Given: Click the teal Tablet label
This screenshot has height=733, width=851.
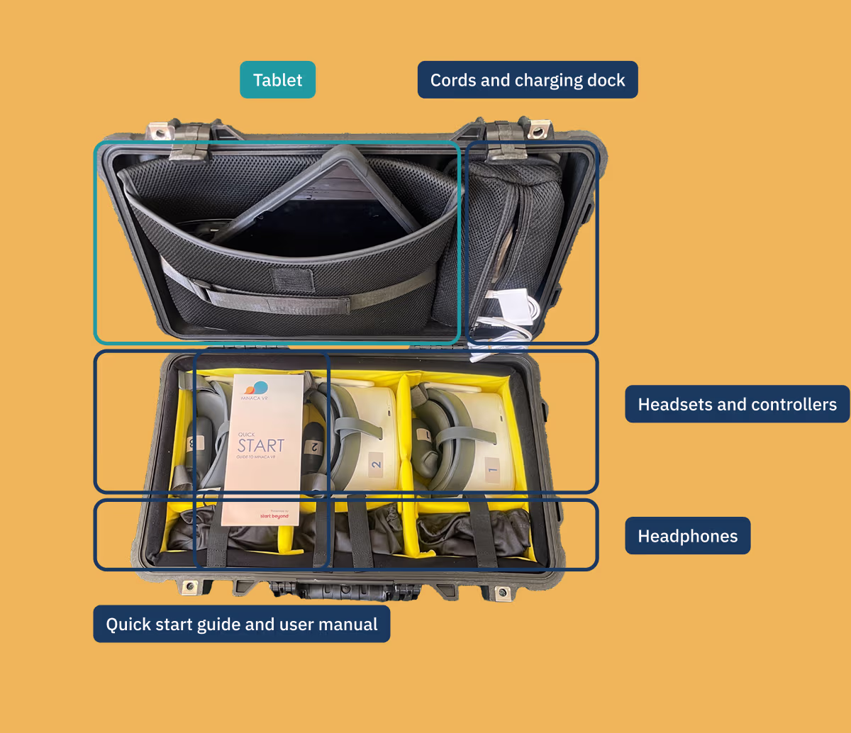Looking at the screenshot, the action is coord(277,80).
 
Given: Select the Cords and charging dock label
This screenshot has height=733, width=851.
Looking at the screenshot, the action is coord(528,80).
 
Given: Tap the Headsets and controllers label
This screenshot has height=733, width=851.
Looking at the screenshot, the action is coord(737,404).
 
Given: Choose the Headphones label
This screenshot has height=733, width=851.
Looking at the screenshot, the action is coord(687,536).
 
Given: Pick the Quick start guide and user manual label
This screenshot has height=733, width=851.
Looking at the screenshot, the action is coord(242,624).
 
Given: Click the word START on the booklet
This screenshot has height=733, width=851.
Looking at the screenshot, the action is coord(260,446).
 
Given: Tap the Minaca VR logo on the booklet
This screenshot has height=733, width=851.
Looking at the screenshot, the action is coord(256,390).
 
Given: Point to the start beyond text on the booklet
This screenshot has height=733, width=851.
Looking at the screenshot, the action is coord(274,515).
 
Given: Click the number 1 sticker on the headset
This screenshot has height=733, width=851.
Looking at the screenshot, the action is coord(492,468).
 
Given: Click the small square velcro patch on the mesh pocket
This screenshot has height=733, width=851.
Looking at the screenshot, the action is coord(294,279).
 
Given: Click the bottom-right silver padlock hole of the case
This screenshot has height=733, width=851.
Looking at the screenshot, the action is coord(502,591).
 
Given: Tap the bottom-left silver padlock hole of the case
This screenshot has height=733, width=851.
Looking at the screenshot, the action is coord(189,586).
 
